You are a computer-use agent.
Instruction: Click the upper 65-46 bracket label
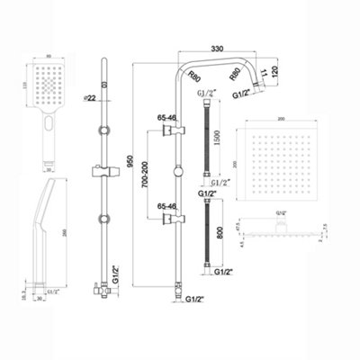tap(169, 119)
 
